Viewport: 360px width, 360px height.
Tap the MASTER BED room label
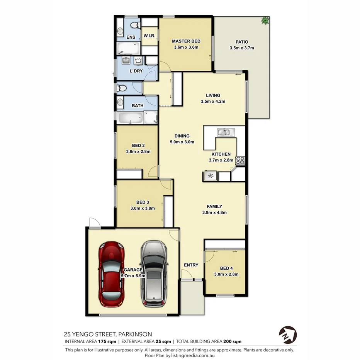(x=186, y=41)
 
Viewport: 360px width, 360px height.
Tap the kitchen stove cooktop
(x=240, y=160)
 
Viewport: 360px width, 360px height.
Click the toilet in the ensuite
(x=134, y=25)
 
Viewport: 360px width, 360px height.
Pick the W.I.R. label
(x=149, y=36)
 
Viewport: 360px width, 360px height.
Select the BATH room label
(x=138, y=105)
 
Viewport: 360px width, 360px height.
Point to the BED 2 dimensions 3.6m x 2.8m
(x=138, y=151)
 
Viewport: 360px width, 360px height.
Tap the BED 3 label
(x=143, y=202)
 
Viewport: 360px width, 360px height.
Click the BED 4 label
(x=226, y=268)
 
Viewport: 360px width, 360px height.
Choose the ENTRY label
(x=191, y=265)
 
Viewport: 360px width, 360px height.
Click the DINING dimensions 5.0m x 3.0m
(x=182, y=142)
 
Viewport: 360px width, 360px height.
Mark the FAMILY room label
(x=214, y=206)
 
